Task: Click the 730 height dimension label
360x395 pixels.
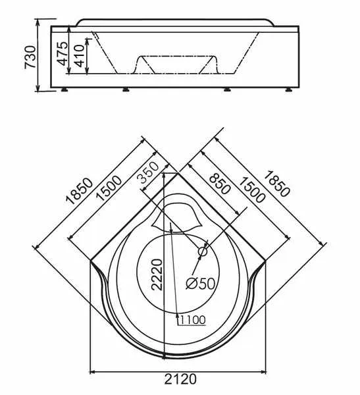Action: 30,57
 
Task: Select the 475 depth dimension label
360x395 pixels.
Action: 63,53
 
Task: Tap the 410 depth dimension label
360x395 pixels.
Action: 80,56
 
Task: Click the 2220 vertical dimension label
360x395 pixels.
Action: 157,275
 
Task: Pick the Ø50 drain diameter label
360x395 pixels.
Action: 200,283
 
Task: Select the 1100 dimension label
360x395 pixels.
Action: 193,320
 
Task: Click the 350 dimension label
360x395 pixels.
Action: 148,172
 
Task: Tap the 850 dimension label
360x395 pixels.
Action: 220,184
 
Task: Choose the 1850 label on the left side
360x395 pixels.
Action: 80,190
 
